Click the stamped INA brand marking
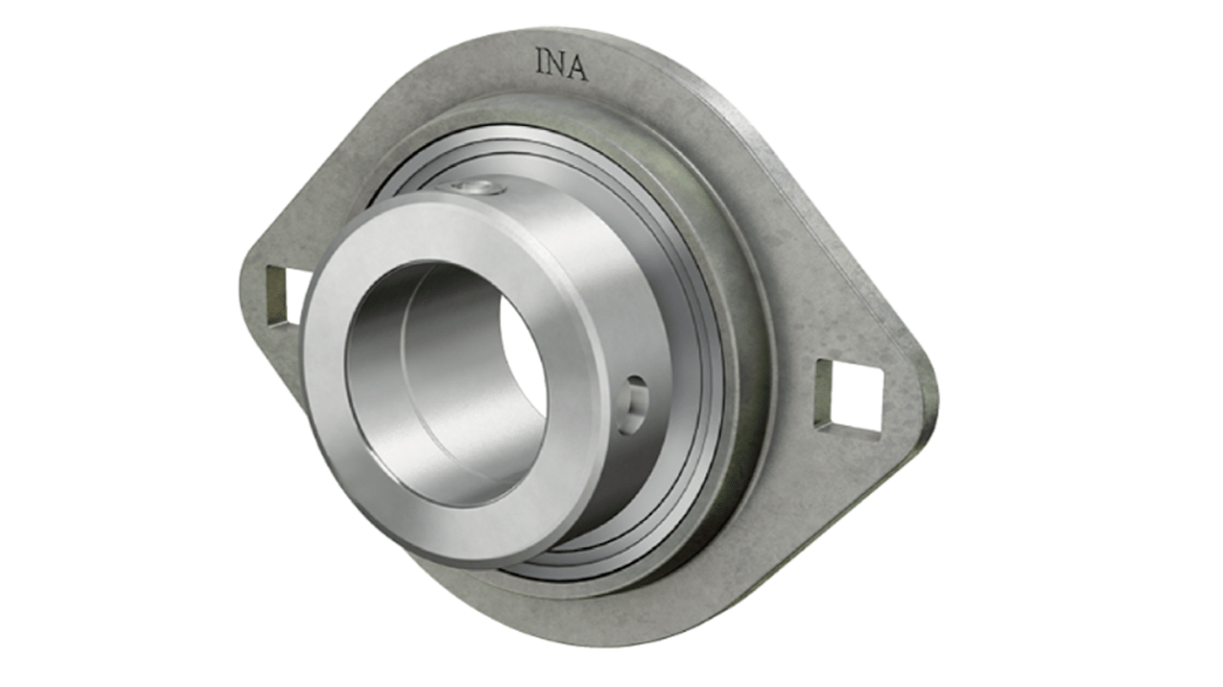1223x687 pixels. coord(562,65)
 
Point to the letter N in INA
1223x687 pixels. coord(559,65)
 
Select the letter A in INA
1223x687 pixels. coord(578,67)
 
